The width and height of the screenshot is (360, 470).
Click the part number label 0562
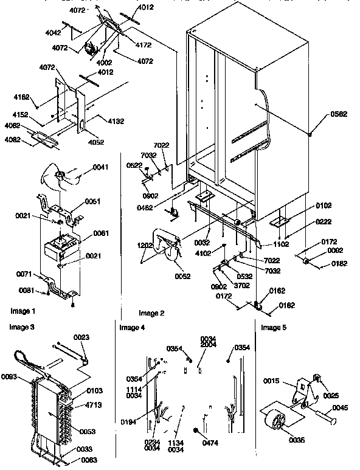click(339, 114)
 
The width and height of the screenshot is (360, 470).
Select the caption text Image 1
click(22, 311)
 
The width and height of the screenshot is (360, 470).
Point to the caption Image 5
click(274, 328)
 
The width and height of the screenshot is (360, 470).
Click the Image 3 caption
click(21, 327)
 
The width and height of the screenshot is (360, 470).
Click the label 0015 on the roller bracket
click(271, 381)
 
